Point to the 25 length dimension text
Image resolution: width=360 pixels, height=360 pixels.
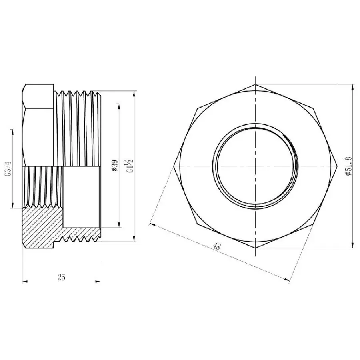(61, 277)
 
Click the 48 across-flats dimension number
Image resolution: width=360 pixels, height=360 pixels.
(216, 247)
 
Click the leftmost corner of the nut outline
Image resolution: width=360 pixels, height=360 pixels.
(175, 166)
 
